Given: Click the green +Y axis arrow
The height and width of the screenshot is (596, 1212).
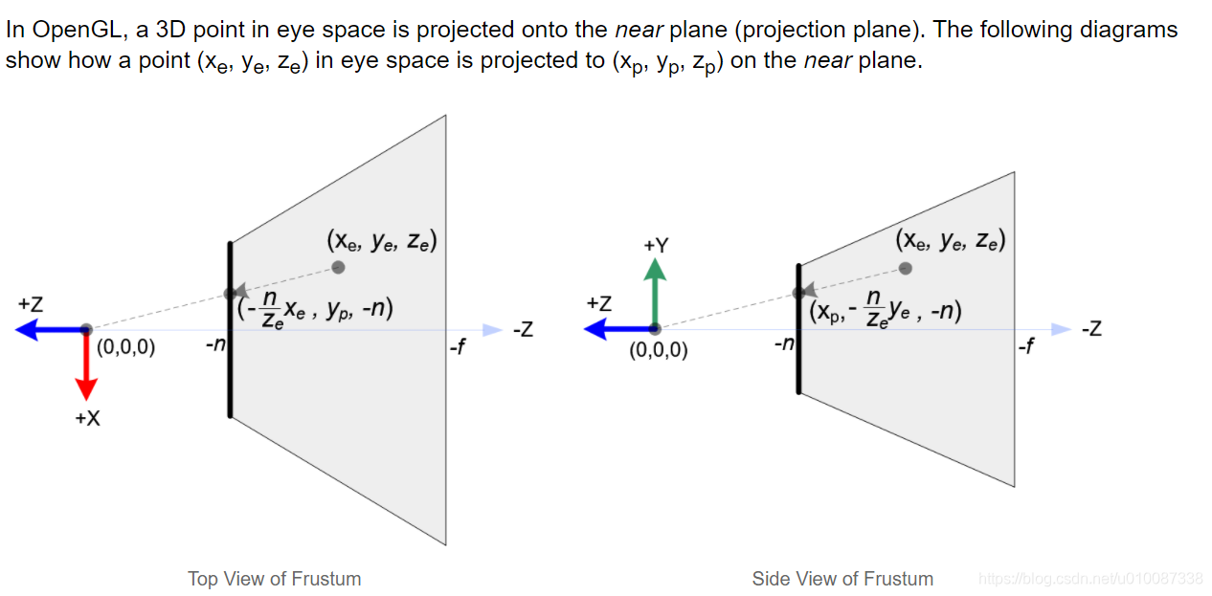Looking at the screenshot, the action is pos(655,293).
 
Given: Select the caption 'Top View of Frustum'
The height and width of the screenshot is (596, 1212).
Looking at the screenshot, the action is pos(275,579).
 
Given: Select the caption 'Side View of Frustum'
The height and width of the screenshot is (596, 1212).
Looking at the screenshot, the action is pos(842,579).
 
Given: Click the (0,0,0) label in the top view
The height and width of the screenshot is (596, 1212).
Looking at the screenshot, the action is pos(125,347).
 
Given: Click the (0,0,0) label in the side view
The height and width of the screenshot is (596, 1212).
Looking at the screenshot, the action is pos(659,350).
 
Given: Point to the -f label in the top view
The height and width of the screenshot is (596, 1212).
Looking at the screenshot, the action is pos(458,346).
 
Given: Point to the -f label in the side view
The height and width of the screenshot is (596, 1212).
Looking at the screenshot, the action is pos(1025,345).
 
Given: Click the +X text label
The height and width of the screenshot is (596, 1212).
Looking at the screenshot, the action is pos(87,418).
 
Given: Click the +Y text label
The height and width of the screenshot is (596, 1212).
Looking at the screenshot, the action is pos(656,245).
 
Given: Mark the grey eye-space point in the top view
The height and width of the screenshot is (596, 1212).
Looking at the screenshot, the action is pos(338,267).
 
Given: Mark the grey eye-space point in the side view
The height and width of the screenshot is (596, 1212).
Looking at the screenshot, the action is pos(906,268).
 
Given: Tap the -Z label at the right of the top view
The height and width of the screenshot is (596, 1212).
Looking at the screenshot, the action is pos(522,331).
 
